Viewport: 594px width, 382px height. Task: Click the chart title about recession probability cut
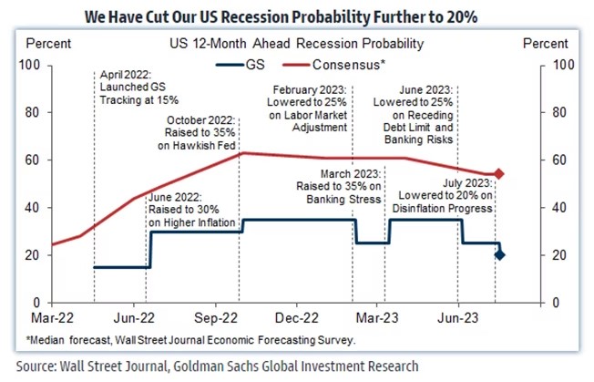(x=297, y=16)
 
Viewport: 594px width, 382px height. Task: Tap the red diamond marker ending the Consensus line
(x=498, y=173)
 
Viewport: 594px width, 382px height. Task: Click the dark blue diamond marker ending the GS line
(x=498, y=254)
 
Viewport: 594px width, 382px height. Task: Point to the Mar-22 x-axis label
(x=52, y=320)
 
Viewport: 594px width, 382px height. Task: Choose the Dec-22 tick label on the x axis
(x=295, y=320)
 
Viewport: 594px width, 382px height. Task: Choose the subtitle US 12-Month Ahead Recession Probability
(x=296, y=43)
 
